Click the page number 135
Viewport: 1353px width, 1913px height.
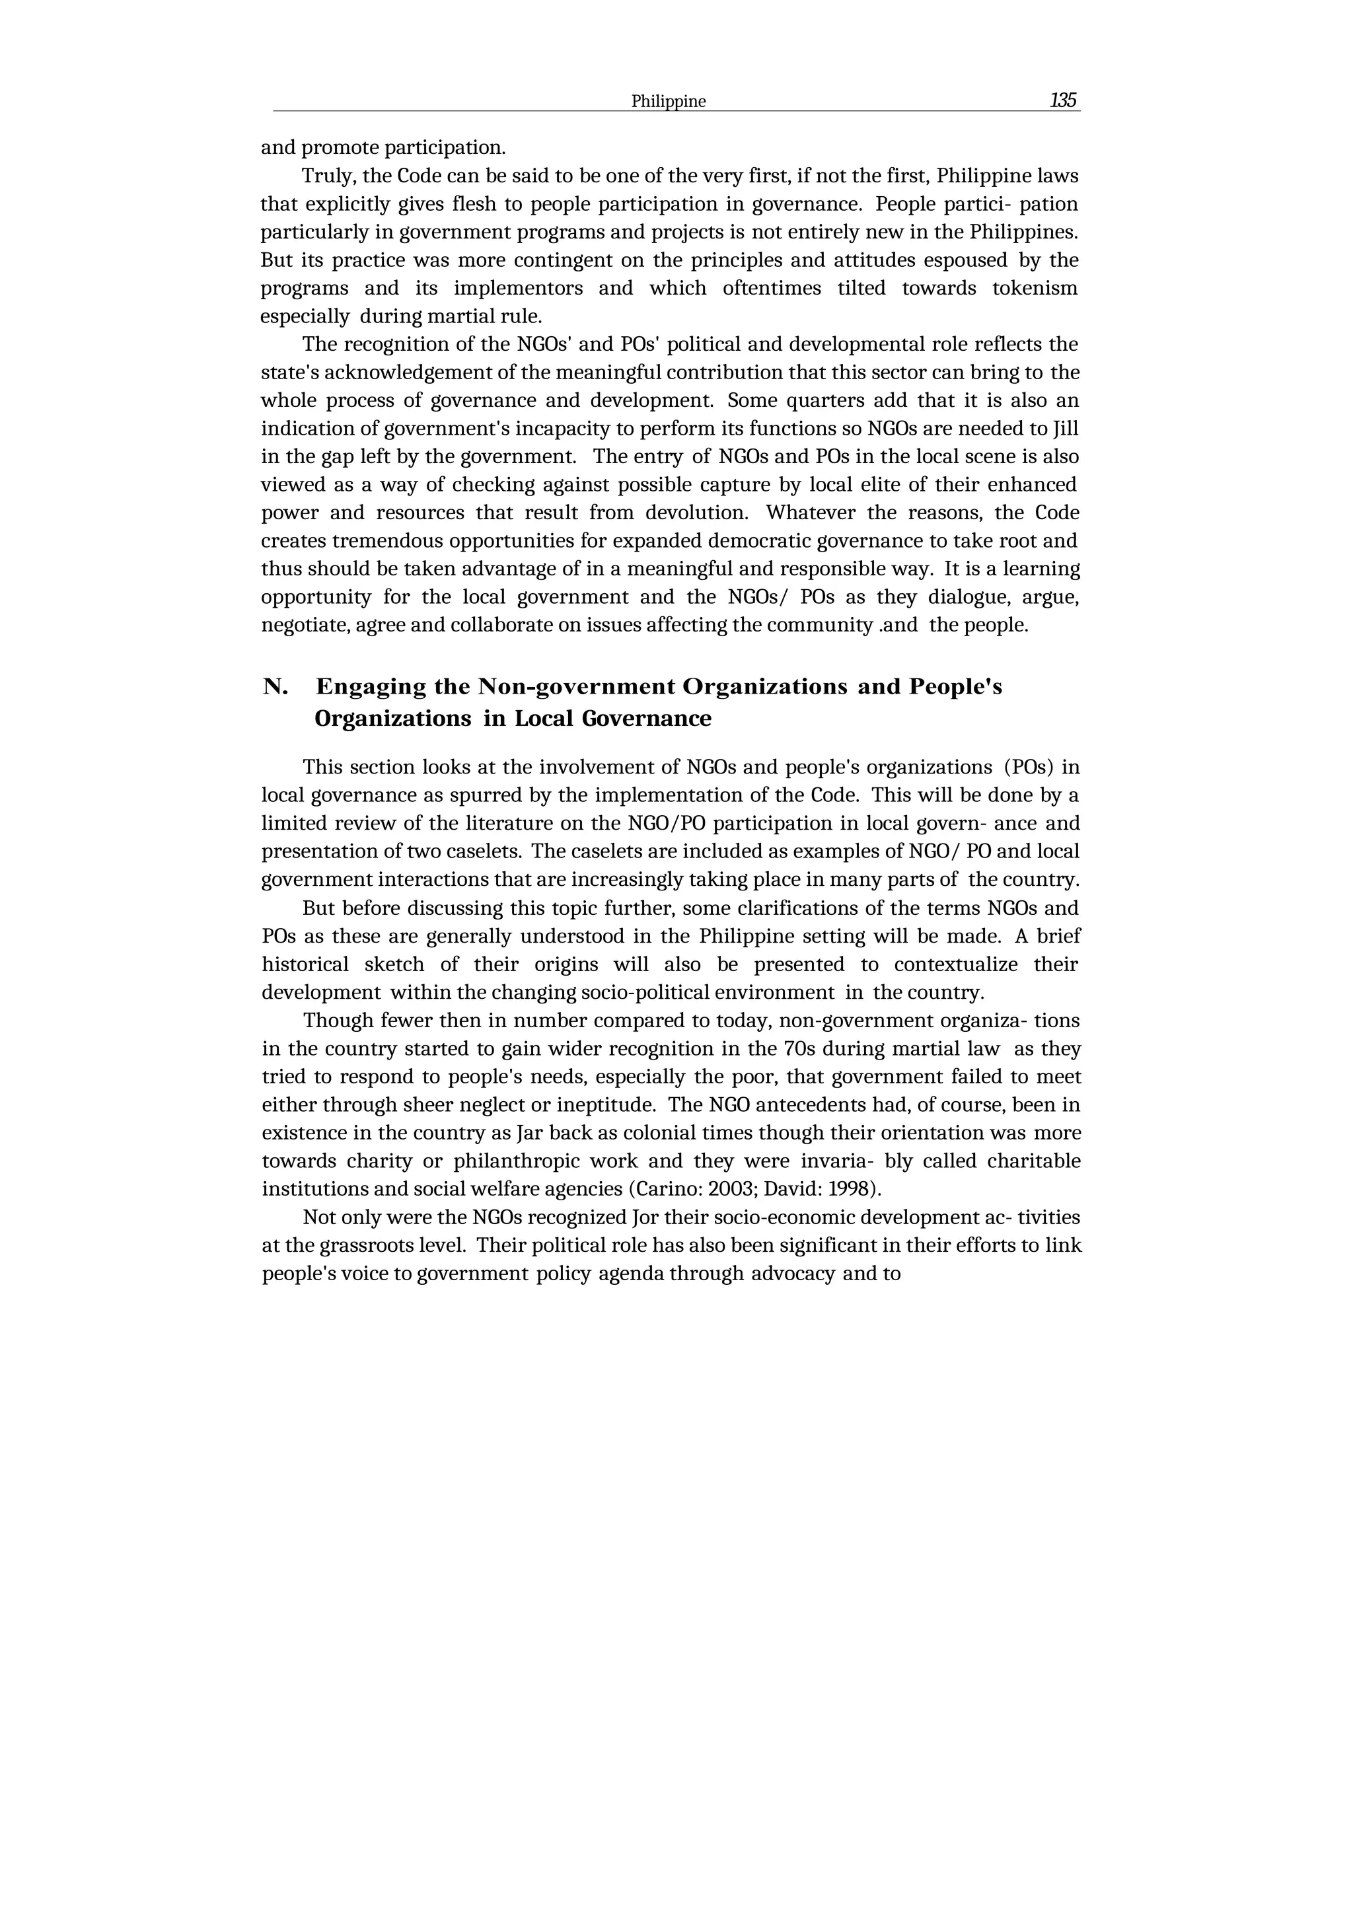tap(1063, 101)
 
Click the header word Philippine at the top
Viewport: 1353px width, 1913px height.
tap(668, 102)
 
